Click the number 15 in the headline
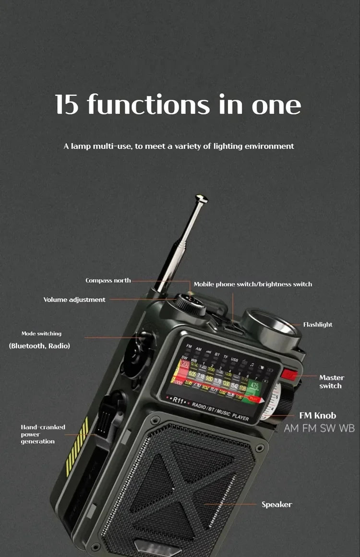66,104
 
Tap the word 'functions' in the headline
148,104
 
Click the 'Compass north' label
108,281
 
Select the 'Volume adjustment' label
74,300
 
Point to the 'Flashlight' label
318,325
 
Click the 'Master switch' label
331,382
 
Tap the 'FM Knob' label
318,415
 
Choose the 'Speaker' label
276,504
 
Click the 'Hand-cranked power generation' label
43,434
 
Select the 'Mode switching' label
41,333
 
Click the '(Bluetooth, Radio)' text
39,345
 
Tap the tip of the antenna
202,198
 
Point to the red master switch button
289,374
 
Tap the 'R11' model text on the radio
179,399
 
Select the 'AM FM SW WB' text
319,428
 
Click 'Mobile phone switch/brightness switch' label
252,284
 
